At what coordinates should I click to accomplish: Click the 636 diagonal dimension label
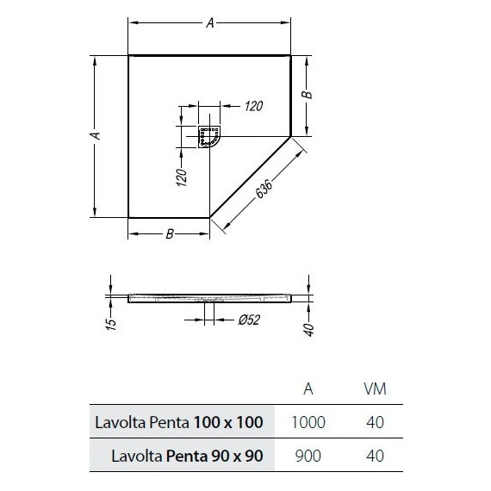pos(264,189)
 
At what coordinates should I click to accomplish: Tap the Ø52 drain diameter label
pos(249,320)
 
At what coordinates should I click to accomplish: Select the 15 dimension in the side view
pos(112,324)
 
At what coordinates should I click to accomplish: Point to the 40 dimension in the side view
pos(309,329)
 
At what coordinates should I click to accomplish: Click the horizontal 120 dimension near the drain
pos(253,106)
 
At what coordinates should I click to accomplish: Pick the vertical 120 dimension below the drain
pos(182,177)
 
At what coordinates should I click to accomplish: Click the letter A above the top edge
pos(210,23)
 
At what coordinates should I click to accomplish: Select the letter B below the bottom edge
pos(170,233)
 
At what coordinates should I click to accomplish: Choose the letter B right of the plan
pos(308,95)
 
